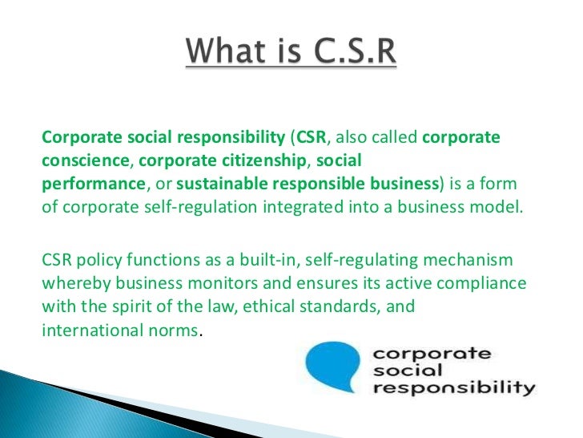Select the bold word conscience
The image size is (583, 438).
click(x=77, y=159)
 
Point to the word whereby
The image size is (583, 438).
click(x=73, y=284)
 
